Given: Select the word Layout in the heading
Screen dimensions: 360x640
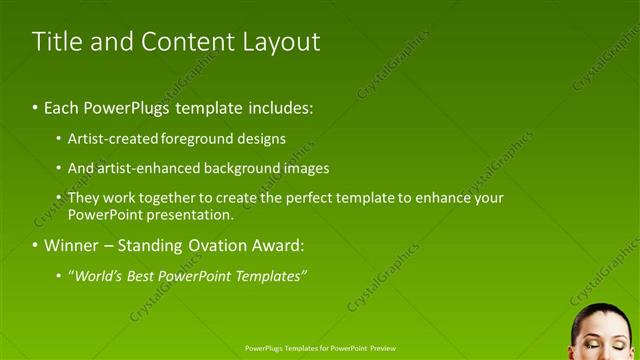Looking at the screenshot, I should click(x=282, y=42).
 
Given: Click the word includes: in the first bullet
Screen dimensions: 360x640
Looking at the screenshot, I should click(x=276, y=106).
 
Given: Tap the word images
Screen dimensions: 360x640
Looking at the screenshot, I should click(x=305, y=168).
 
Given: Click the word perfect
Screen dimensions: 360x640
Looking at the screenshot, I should click(x=311, y=198).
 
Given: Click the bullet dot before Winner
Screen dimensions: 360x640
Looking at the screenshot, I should click(x=35, y=246).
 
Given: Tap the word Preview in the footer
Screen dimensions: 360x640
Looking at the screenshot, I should click(x=383, y=349).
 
